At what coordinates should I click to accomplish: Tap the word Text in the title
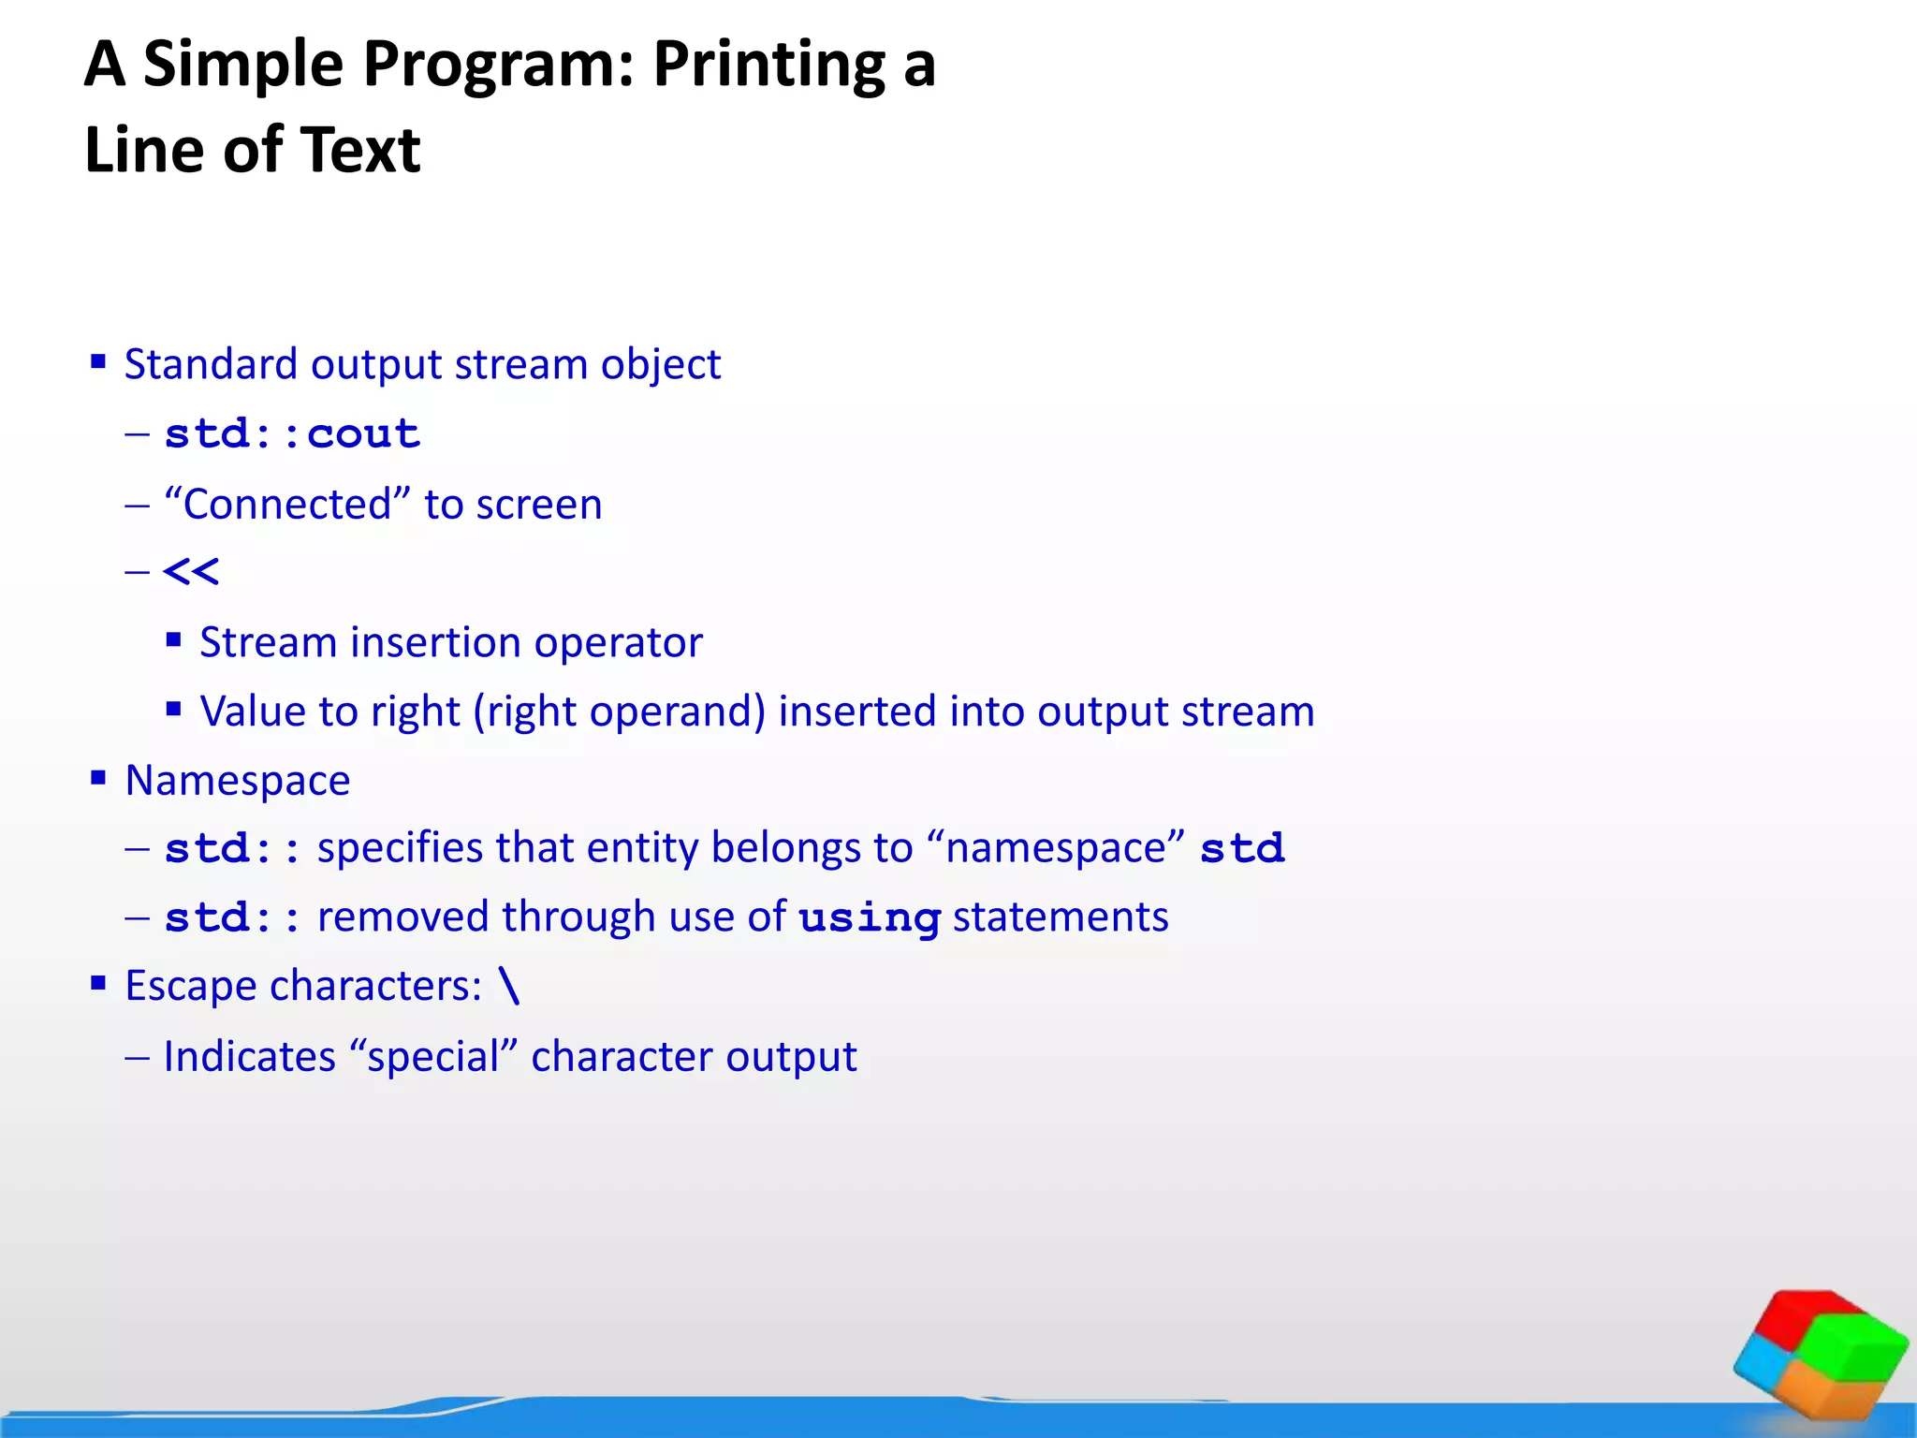359,151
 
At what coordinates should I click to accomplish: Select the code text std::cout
292,434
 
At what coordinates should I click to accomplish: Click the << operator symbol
191,572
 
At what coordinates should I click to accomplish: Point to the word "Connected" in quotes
287,505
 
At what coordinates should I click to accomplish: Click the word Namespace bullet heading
238,781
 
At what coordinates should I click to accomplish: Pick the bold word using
869,917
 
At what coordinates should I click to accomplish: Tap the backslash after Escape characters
509,986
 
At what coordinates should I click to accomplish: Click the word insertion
435,643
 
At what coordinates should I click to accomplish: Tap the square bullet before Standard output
98,361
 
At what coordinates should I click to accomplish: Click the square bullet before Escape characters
98,983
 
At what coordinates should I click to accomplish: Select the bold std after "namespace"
1242,849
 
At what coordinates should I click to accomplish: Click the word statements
1061,917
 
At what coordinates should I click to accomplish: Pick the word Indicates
249,1057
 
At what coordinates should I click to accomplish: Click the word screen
538,506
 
